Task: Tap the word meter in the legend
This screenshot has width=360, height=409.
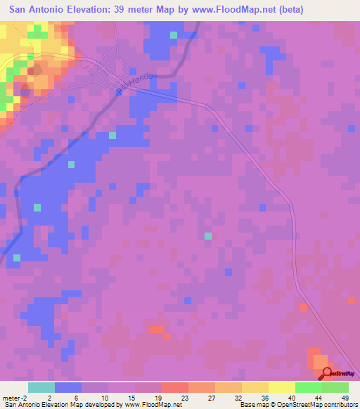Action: tap(12, 397)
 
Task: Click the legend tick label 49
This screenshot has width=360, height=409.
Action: tap(345, 397)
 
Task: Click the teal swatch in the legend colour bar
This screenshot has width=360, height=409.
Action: tap(41, 387)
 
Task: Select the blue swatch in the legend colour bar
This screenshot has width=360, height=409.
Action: tap(68, 387)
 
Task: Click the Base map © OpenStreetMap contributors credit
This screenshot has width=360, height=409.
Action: tap(297, 405)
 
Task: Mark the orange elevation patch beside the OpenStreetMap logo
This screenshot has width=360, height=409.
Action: tap(318, 359)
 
